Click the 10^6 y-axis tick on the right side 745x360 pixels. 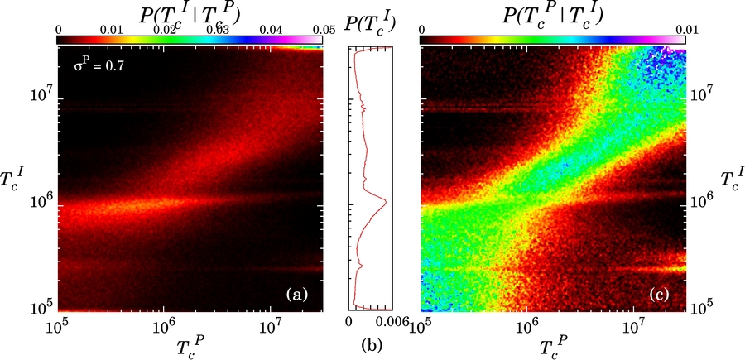(x=702, y=200)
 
